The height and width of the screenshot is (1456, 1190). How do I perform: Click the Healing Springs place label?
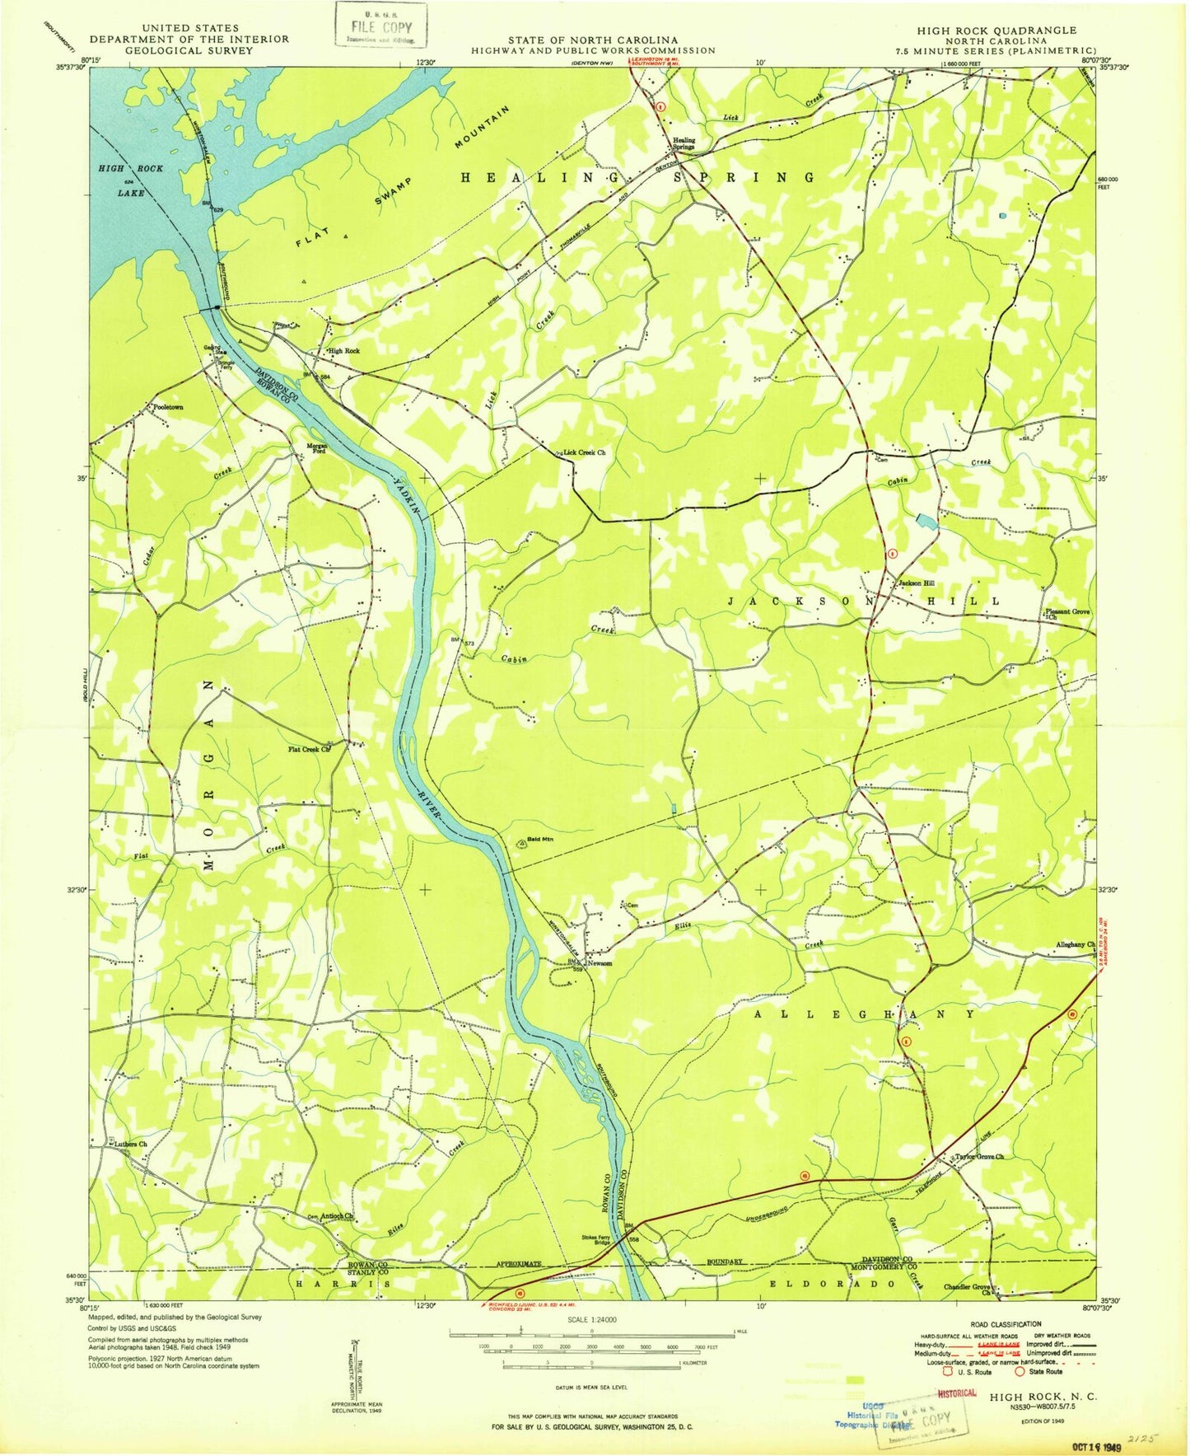point(684,143)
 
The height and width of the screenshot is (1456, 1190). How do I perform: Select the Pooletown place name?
point(168,407)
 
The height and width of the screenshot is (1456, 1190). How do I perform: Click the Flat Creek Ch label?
point(309,749)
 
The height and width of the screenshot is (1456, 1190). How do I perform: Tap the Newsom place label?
point(600,962)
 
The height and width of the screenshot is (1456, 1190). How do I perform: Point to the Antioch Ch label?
point(337,1215)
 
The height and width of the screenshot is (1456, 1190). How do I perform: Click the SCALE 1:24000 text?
point(591,1319)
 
